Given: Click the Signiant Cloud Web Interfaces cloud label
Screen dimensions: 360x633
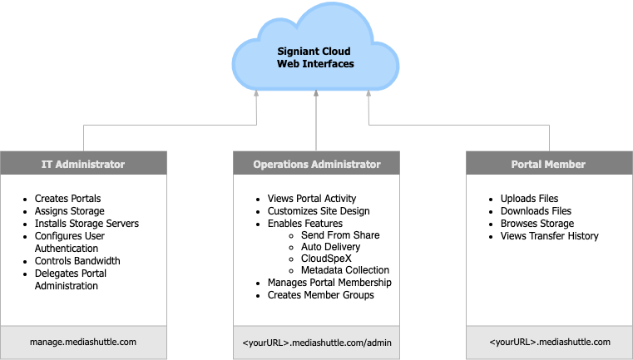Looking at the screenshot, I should pyautogui.click(x=315, y=58).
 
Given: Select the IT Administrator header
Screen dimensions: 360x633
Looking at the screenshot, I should pyautogui.click(x=83, y=164).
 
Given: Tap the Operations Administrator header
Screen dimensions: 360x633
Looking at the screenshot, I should pyautogui.click(x=316, y=164).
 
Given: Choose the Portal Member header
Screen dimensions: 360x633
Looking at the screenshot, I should pyautogui.click(x=548, y=164).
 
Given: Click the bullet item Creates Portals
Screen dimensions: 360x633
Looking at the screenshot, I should pyautogui.click(x=67, y=199).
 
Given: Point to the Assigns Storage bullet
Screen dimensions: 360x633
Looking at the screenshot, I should pyautogui.click(x=70, y=211).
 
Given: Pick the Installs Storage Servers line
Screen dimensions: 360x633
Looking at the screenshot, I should pyautogui.click(x=87, y=224).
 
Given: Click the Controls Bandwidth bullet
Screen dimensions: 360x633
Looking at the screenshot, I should pyautogui.click(x=77, y=261).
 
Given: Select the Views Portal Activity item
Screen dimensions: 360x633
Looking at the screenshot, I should pyautogui.click(x=312, y=199).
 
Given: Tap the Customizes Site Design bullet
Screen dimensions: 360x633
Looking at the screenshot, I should pyautogui.click(x=318, y=211).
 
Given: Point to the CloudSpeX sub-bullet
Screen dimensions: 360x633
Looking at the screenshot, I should pyautogui.click(x=325, y=259).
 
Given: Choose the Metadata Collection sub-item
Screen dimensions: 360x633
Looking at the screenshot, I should pyautogui.click(x=344, y=270).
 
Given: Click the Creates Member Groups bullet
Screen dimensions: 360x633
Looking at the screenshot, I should pyautogui.click(x=320, y=295).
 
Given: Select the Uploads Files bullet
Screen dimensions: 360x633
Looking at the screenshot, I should pyautogui.click(x=530, y=199).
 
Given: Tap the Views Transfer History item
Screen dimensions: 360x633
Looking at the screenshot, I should pyautogui.click(x=549, y=236).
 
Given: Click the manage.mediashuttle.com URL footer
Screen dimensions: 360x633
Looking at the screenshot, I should pyautogui.click(x=83, y=342).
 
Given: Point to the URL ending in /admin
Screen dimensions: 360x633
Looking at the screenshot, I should pyautogui.click(x=316, y=342).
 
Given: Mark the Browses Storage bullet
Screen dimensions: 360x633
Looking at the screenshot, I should pyautogui.click(x=537, y=224).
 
